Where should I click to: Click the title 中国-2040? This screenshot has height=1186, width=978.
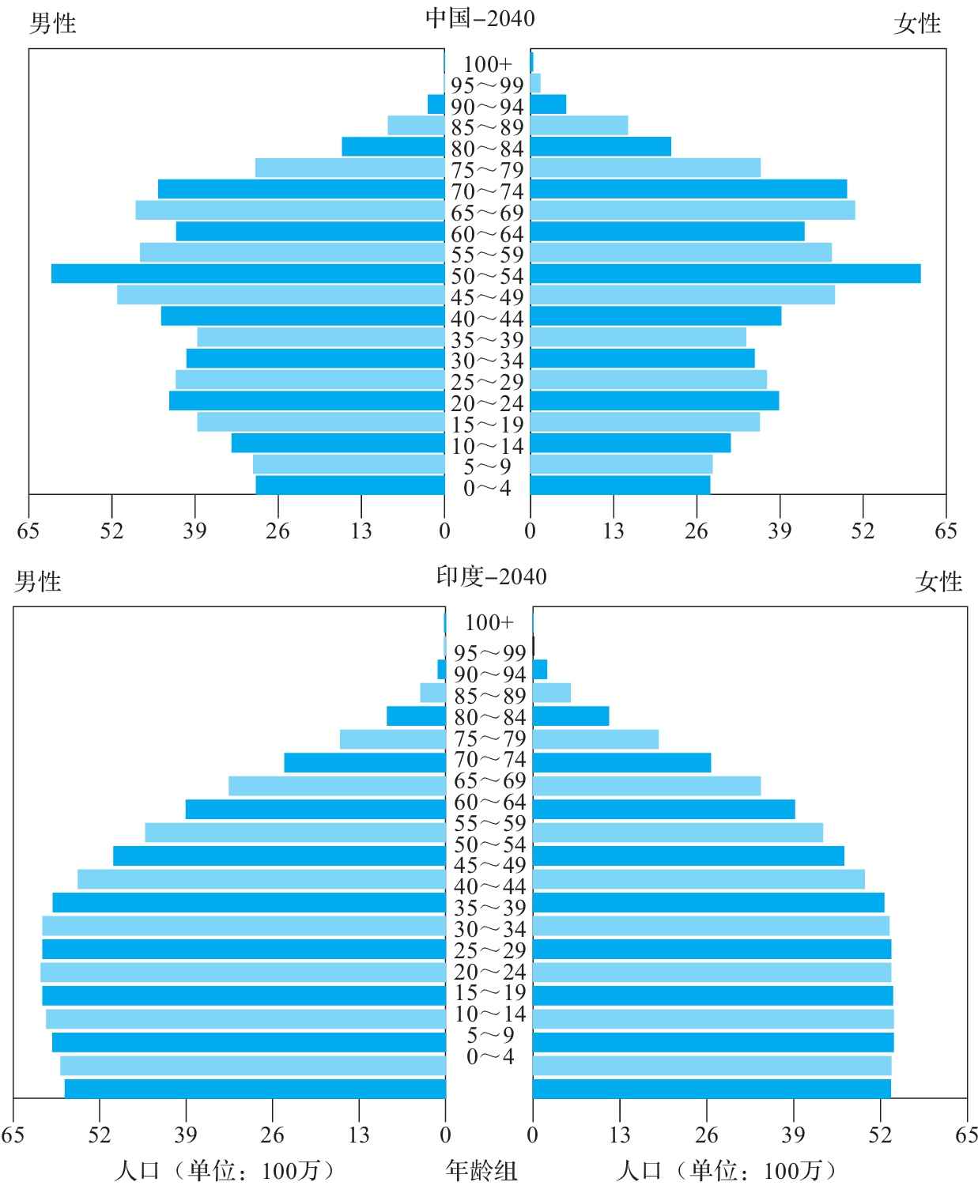tap(480, 18)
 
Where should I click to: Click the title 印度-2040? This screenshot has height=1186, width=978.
tap(491, 576)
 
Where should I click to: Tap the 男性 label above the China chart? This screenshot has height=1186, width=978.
tap(52, 24)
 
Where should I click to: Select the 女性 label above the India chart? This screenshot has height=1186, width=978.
tap(938, 582)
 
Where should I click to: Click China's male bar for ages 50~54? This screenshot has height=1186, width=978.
tap(247, 274)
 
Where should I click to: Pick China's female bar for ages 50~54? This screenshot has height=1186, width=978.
tap(725, 274)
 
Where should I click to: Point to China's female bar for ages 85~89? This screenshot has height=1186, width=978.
tap(579, 126)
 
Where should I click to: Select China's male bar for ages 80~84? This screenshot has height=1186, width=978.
tap(393, 146)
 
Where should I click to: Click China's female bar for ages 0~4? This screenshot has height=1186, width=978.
tap(620, 485)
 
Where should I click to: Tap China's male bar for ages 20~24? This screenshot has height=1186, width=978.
tap(307, 401)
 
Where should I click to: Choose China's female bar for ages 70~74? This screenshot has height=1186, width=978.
tap(689, 189)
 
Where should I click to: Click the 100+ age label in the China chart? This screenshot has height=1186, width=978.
tap(487, 64)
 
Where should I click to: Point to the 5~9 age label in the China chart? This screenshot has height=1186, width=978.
tap(487, 467)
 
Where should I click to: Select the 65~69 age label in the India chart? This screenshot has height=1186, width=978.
tap(490, 781)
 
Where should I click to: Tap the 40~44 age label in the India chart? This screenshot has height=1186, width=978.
tap(490, 886)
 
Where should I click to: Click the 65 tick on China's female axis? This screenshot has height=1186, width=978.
tap(946, 531)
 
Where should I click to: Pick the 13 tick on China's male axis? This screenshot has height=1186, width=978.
tap(361, 531)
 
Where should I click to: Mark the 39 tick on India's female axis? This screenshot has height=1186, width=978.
tap(793, 1135)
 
